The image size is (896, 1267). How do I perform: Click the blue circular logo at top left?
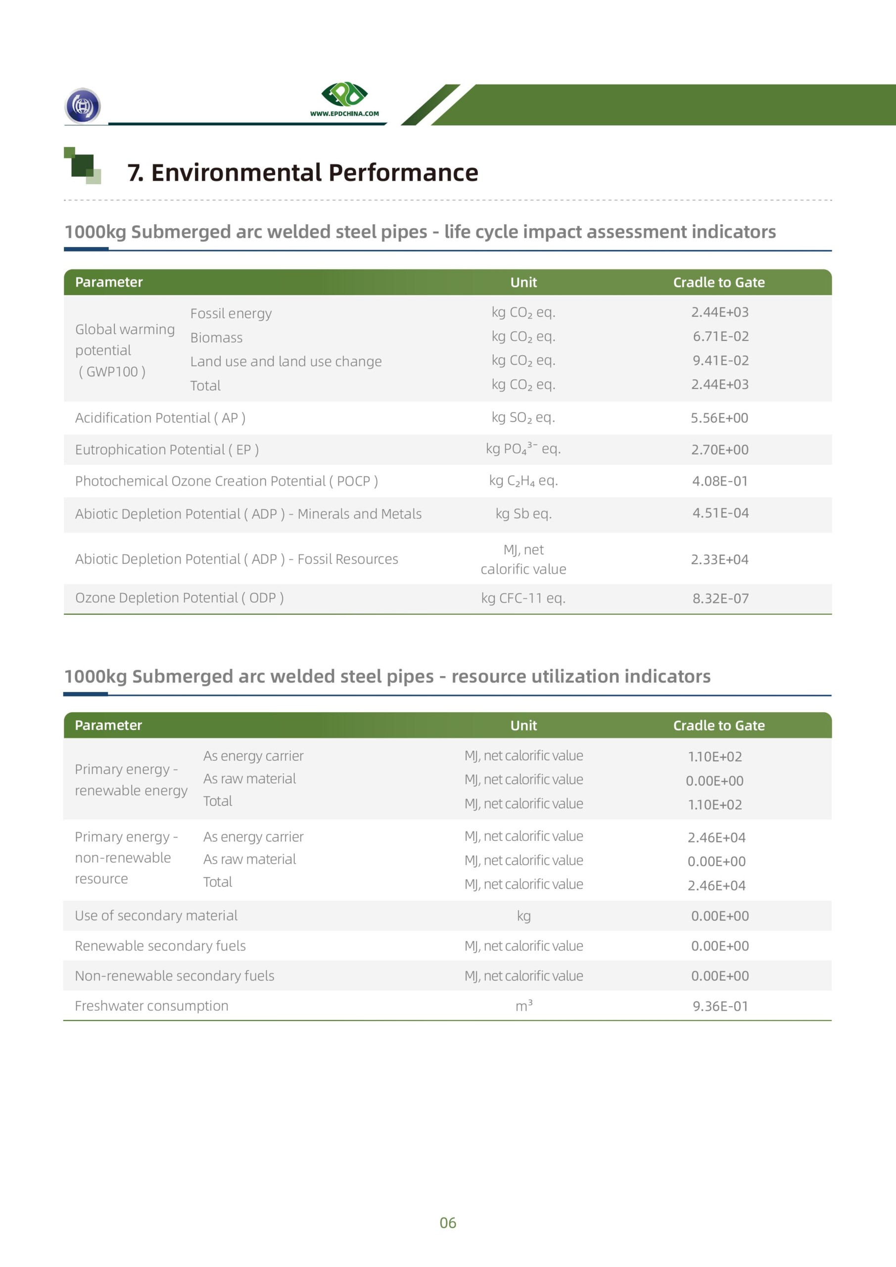[83, 105]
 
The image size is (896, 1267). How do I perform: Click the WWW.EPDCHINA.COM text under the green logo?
[344, 114]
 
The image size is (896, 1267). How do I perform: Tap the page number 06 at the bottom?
[447, 1223]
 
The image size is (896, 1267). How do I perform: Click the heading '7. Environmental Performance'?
[302, 173]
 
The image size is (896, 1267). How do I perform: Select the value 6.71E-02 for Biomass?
[720, 336]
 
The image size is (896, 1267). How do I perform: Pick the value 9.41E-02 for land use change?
[720, 360]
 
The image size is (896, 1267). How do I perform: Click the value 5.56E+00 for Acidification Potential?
[719, 418]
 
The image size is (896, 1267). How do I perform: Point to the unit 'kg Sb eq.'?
[523, 514]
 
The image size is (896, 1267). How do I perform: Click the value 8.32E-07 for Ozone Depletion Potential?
[720, 598]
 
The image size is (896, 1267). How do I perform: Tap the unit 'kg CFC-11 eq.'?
[523, 598]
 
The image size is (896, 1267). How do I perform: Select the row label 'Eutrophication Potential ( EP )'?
[167, 450]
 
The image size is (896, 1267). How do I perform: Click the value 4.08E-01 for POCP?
[719, 481]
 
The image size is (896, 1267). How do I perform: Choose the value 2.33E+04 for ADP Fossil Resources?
[719, 560]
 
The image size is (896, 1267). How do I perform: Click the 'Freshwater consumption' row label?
[152, 1006]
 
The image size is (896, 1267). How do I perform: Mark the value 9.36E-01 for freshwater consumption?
[720, 1006]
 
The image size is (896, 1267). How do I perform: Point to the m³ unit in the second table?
[523, 1006]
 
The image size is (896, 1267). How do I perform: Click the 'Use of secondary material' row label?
[156, 916]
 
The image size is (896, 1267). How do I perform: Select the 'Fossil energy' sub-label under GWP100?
[231, 313]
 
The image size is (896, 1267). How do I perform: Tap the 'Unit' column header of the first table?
[523, 283]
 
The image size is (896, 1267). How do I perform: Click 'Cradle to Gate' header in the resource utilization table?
[718, 726]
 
